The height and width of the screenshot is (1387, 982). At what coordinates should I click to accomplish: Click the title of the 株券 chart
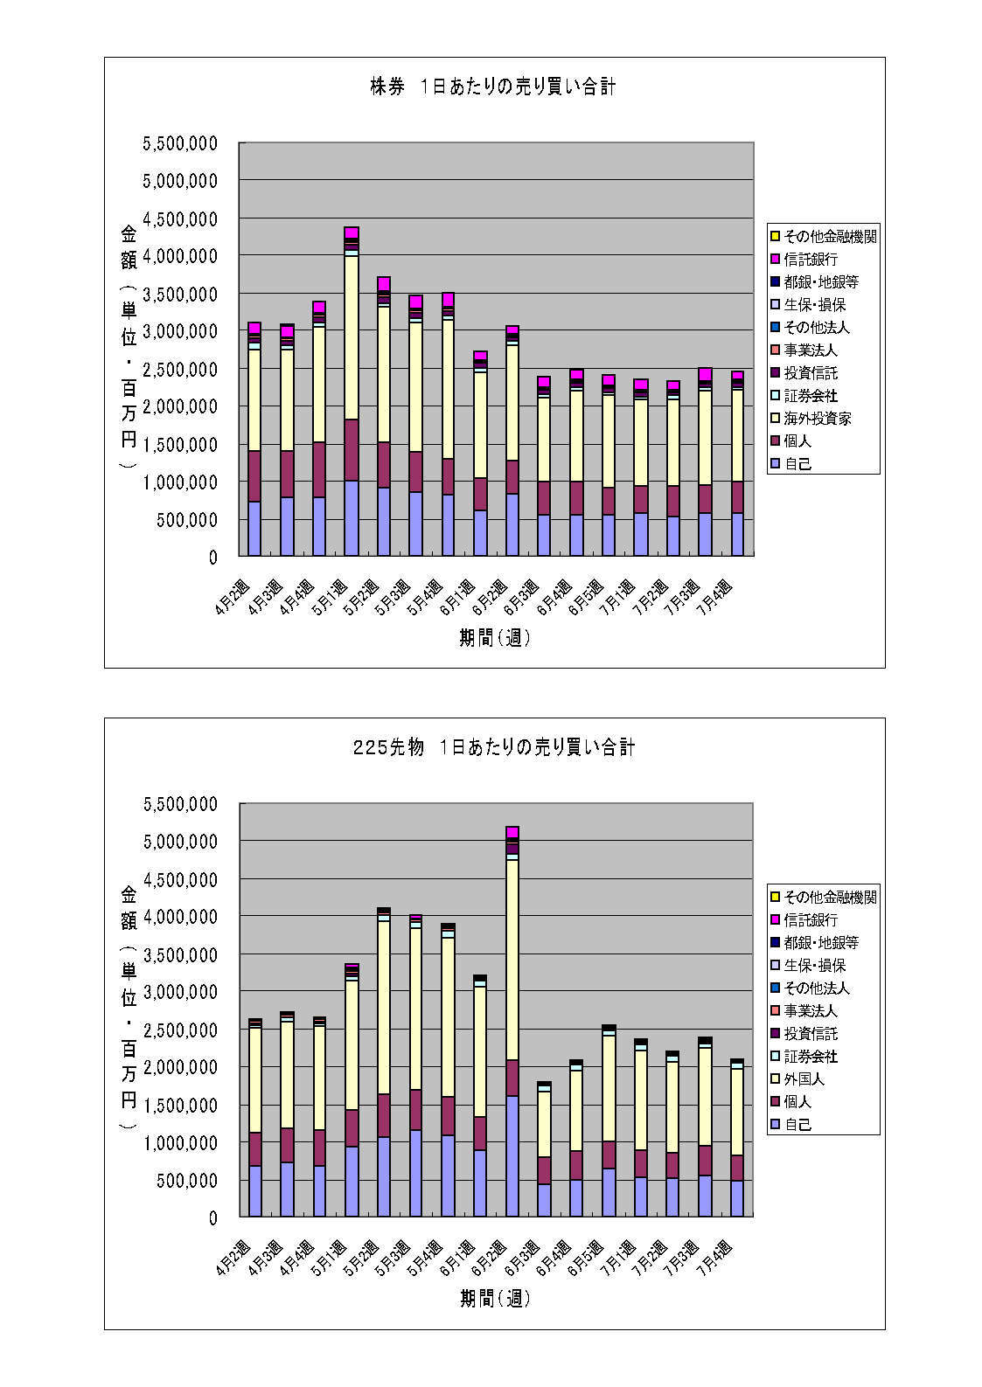pos(493,87)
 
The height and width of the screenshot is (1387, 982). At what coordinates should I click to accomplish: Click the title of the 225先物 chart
pos(493,747)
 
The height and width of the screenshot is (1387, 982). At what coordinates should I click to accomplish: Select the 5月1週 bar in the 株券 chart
pos(352,393)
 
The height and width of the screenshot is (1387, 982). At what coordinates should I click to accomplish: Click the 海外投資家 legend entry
pos(818,419)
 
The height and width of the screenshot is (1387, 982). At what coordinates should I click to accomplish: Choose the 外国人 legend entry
pos(804,1079)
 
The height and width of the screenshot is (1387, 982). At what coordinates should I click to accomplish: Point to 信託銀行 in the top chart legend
pos(811,260)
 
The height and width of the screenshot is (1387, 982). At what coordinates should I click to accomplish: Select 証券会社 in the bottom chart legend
pos(811,1057)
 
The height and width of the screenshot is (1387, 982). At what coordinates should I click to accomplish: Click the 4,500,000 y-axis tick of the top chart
pos(180,218)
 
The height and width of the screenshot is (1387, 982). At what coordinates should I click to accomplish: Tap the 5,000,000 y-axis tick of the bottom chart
pos(180,842)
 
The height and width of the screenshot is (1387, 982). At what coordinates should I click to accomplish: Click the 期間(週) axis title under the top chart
pos(495,638)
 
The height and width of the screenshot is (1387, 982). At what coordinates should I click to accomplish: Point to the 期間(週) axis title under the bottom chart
pos(495,1299)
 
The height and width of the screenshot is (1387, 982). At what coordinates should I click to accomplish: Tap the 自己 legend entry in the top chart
pos(797,464)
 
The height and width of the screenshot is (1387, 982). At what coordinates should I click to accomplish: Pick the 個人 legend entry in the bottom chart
pos(797,1102)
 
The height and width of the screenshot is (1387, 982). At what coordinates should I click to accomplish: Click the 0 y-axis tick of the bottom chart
pos(212,1217)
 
